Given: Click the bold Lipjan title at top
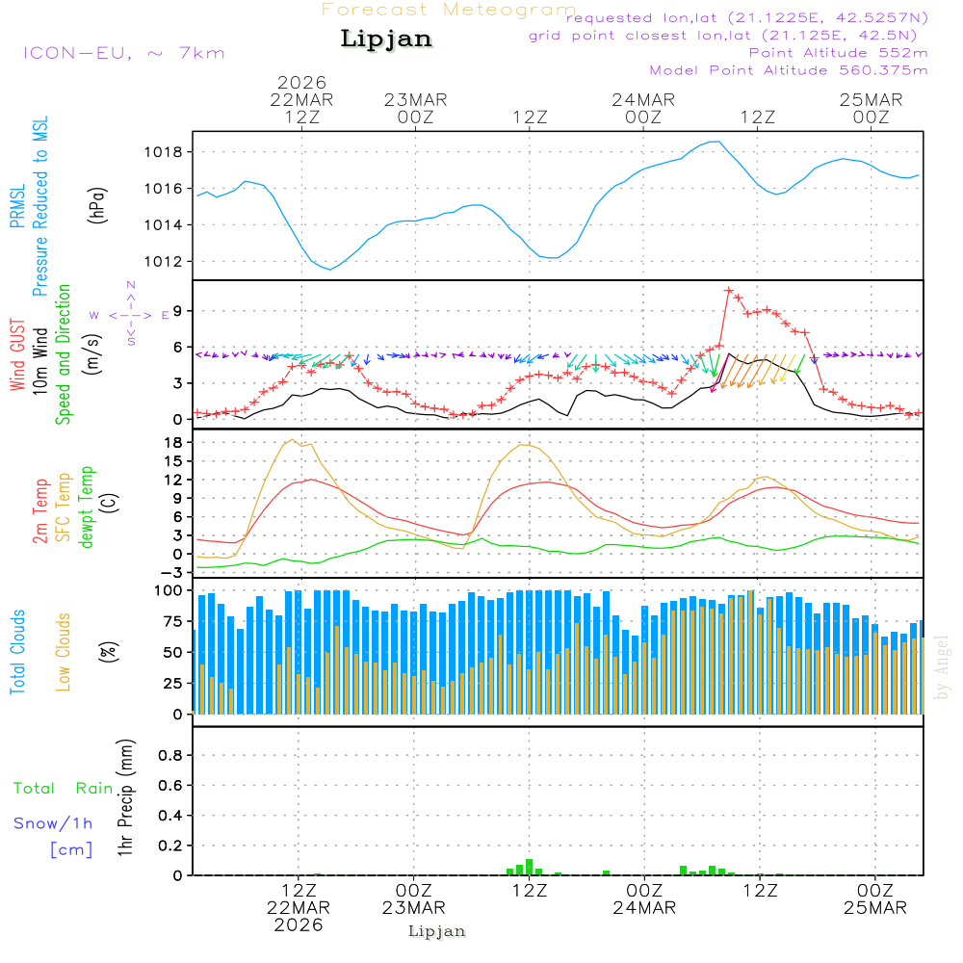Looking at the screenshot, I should pyautogui.click(x=386, y=39).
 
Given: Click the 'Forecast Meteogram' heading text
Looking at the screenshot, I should pyautogui.click(x=448, y=10).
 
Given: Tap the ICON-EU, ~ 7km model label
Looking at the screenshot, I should pyautogui.click(x=123, y=52).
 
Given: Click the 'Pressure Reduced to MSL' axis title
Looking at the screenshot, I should pyautogui.click(x=40, y=206).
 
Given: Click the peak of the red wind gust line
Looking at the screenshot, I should pyautogui.click(x=729, y=290).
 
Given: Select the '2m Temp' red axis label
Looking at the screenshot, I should pyautogui.click(x=40, y=509).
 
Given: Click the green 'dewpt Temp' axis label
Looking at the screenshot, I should pyautogui.click(x=87, y=508).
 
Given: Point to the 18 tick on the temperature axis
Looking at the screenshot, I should pyautogui.click(x=176, y=442).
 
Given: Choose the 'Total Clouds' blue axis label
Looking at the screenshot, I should pyautogui.click(x=17, y=652).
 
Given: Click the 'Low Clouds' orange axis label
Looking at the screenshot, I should pyautogui.click(x=64, y=652).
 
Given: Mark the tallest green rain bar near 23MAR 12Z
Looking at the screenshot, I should pyautogui.click(x=530, y=866).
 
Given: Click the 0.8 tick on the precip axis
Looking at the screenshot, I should pyautogui.click(x=169, y=755).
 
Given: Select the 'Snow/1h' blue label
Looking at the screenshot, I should pyautogui.click(x=53, y=823).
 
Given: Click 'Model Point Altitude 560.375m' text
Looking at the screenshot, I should pyautogui.click(x=789, y=70).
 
